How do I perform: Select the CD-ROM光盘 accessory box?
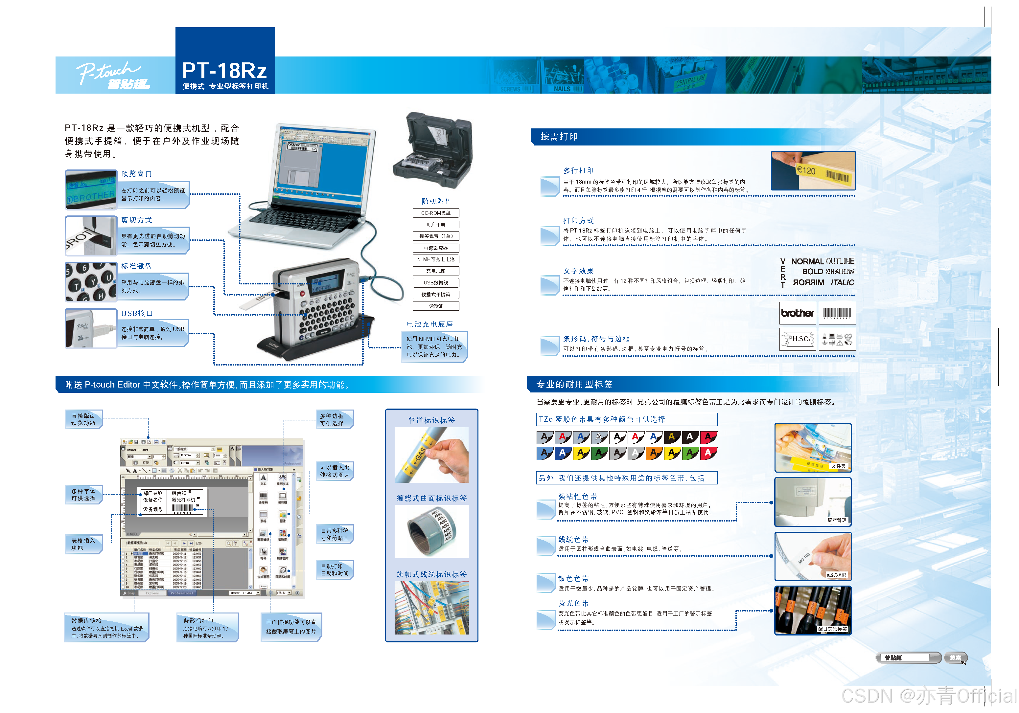(x=435, y=213)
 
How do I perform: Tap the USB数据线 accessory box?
(x=435, y=283)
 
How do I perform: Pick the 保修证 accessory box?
(x=435, y=306)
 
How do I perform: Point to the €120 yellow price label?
(x=806, y=170)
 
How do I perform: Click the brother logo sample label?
(x=797, y=313)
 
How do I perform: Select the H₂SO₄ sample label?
(x=798, y=339)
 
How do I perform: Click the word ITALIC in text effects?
(x=842, y=283)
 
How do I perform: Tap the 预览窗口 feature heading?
(x=136, y=173)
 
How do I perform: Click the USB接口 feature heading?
(x=137, y=313)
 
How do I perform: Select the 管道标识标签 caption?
(x=431, y=420)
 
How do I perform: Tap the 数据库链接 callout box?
(x=106, y=627)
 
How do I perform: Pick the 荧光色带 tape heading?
(x=573, y=603)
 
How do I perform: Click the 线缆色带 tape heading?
(x=573, y=540)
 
